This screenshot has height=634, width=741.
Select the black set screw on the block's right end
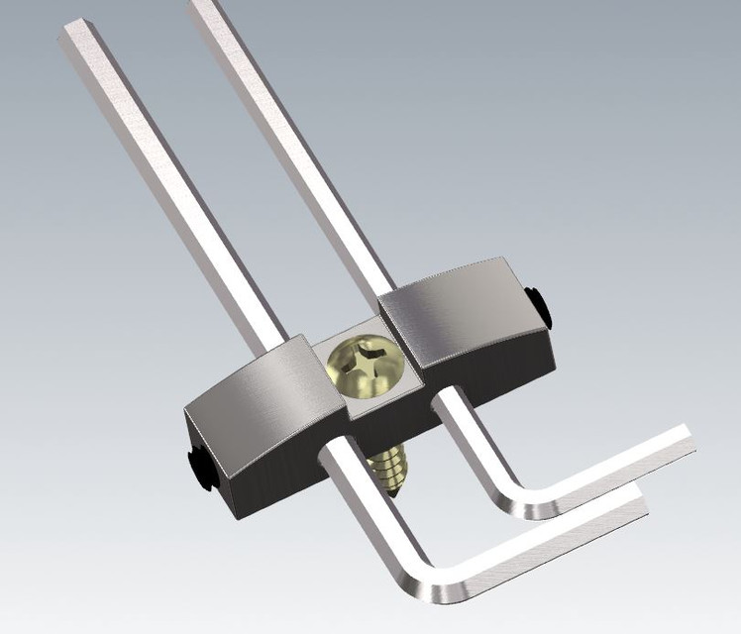[x=537, y=305]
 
